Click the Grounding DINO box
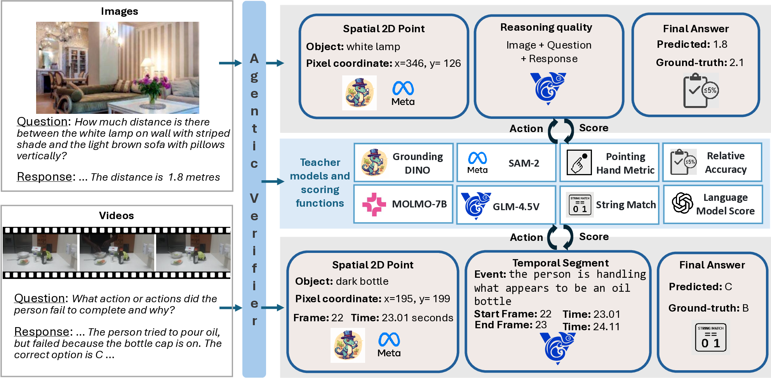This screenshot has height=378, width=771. (403, 163)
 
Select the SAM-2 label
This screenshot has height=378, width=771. (524, 163)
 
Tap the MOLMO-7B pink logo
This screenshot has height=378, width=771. (374, 204)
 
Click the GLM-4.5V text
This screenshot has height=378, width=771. (516, 207)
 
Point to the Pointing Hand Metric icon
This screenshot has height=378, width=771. (579, 162)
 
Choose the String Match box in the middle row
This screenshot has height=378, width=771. (609, 205)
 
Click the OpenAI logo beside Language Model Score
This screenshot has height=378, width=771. (682, 203)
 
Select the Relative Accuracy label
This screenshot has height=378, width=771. (726, 163)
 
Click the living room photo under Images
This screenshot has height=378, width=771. (117, 68)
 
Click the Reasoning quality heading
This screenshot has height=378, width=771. (546, 27)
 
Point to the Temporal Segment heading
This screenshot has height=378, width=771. (560, 263)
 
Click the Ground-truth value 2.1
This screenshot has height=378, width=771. (736, 63)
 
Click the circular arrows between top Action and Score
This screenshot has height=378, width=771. (561, 131)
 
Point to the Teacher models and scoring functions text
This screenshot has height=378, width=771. (320, 183)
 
